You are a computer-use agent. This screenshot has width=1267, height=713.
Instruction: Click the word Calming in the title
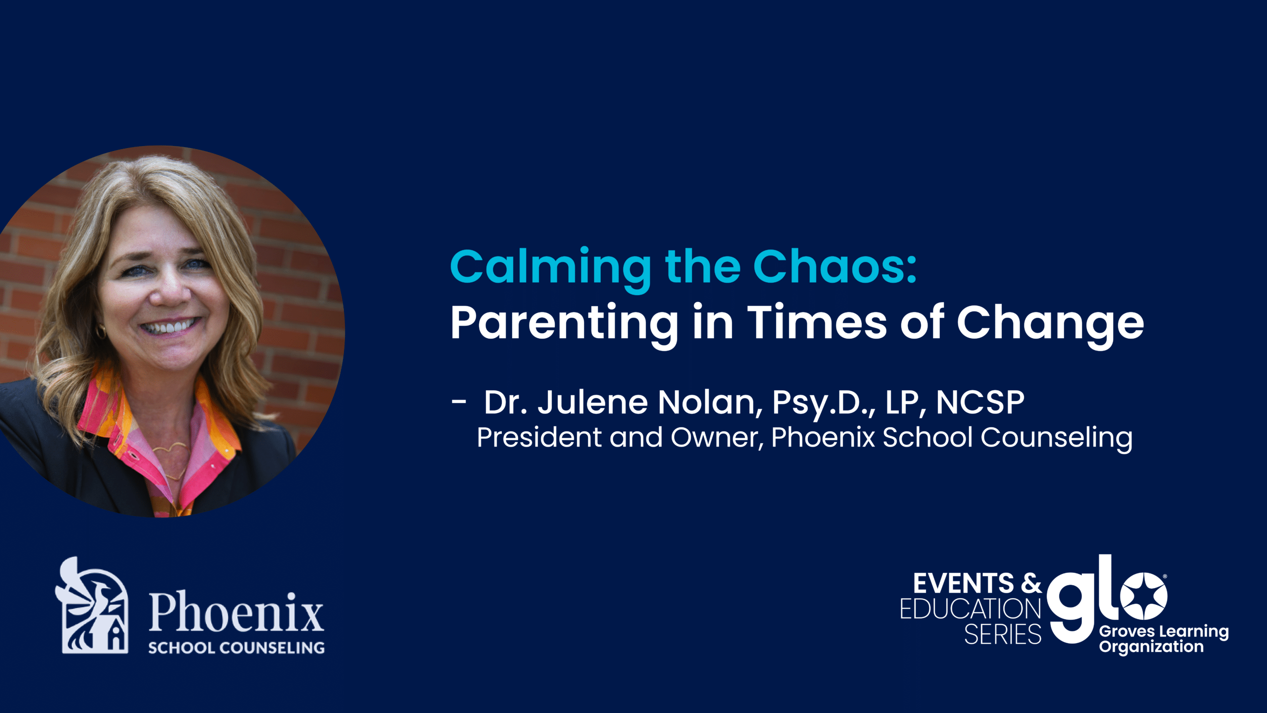550,269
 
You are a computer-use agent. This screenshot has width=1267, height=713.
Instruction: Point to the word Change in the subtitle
1050,324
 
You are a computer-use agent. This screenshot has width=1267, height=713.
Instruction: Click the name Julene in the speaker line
592,402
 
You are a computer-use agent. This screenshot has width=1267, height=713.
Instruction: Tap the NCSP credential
980,402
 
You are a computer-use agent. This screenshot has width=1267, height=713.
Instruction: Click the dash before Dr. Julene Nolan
459,402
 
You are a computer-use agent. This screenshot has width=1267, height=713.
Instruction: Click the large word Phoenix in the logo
237,613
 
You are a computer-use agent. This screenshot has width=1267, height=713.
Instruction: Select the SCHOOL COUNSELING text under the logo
237,648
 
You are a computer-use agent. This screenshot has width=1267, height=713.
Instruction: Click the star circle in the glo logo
1144,596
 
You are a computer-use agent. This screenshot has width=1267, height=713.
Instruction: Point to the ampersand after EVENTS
1031,583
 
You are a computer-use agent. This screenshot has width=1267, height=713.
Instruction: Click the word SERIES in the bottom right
1003,634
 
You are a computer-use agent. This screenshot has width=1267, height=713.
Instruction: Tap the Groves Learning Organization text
1164,639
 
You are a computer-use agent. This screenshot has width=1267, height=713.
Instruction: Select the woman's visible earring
100,331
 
